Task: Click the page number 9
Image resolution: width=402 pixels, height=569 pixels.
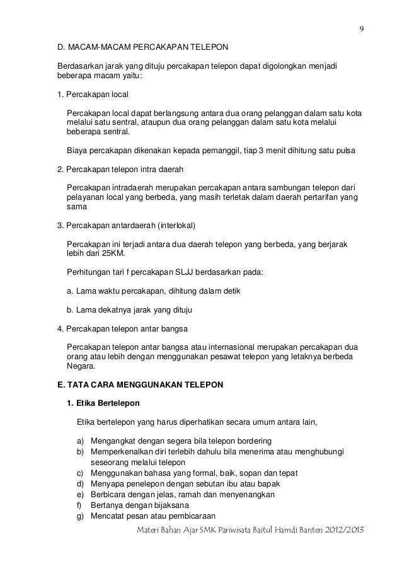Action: pyautogui.click(x=362, y=29)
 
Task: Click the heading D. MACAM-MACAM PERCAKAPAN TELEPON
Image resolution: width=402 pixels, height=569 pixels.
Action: pyautogui.click(x=143, y=47)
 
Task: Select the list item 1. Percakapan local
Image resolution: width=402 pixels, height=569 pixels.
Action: pyautogui.click(x=92, y=95)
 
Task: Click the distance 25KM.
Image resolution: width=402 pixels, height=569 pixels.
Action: pyautogui.click(x=113, y=253)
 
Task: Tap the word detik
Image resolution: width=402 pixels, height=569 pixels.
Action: pyautogui.click(x=229, y=291)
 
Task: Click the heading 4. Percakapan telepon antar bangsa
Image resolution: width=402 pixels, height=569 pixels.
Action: pyautogui.click(x=122, y=329)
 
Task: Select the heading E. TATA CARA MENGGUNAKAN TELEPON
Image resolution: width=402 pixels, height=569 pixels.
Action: pyautogui.click(x=140, y=384)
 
